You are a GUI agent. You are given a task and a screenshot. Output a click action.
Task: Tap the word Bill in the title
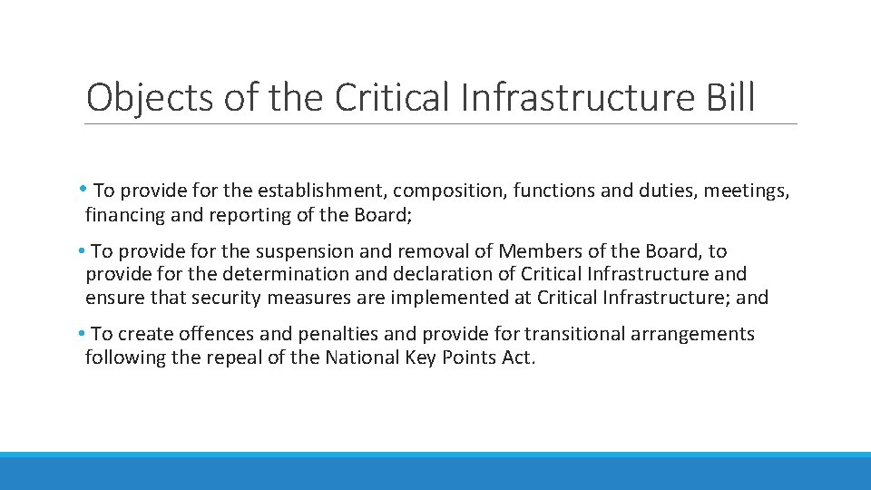click(729, 98)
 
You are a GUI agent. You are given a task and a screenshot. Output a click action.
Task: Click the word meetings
click(746, 191)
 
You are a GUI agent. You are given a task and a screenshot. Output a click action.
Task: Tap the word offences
click(218, 334)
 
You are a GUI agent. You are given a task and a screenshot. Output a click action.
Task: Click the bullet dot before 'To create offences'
click(82, 334)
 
